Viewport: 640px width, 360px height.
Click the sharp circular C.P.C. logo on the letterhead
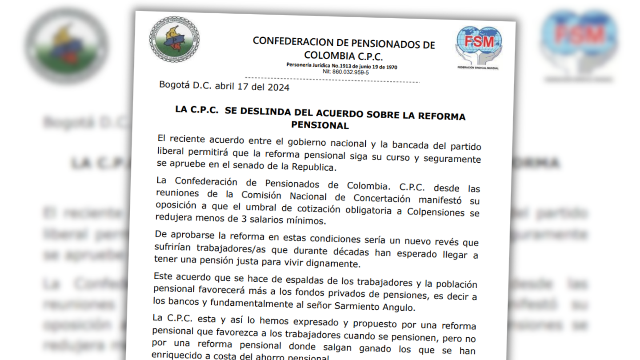(x=174, y=39)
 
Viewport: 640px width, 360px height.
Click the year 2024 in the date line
(x=278, y=88)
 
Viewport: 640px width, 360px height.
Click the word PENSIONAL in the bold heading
(x=320, y=125)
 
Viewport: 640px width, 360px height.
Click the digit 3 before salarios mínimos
(x=243, y=219)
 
